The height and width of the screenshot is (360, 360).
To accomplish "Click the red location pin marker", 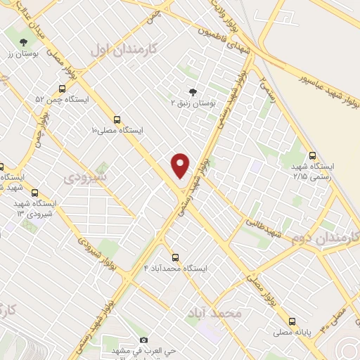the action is pyautogui.click(x=181, y=165).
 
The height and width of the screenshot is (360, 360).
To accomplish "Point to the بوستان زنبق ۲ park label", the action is pyautogui.click(x=194, y=103).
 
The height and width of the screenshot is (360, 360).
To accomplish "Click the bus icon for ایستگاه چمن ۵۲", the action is pyautogui.click(x=62, y=89).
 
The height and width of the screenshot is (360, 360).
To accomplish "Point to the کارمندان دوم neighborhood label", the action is pyautogui.click(x=324, y=239).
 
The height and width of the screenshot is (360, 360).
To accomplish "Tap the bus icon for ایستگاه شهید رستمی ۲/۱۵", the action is pyautogui.click(x=313, y=156).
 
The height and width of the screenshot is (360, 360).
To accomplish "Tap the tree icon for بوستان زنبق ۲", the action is pyautogui.click(x=193, y=91).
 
